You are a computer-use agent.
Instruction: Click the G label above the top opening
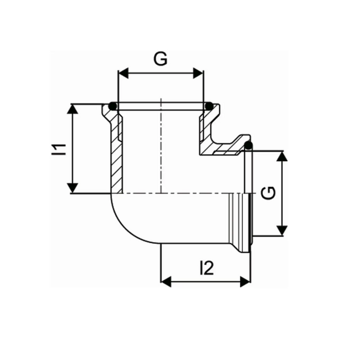click(161, 59)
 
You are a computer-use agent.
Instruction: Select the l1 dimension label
click(60, 149)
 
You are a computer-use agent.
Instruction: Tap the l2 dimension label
click(206, 267)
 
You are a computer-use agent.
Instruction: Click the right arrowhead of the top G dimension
click(199, 74)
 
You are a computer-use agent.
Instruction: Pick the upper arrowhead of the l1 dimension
click(74, 109)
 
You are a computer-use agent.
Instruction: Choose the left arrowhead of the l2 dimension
click(166, 281)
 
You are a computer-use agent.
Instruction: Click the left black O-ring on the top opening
click(114, 106)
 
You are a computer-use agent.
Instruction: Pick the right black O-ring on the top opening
click(209, 106)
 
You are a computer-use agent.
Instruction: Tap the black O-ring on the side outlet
click(248, 146)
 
